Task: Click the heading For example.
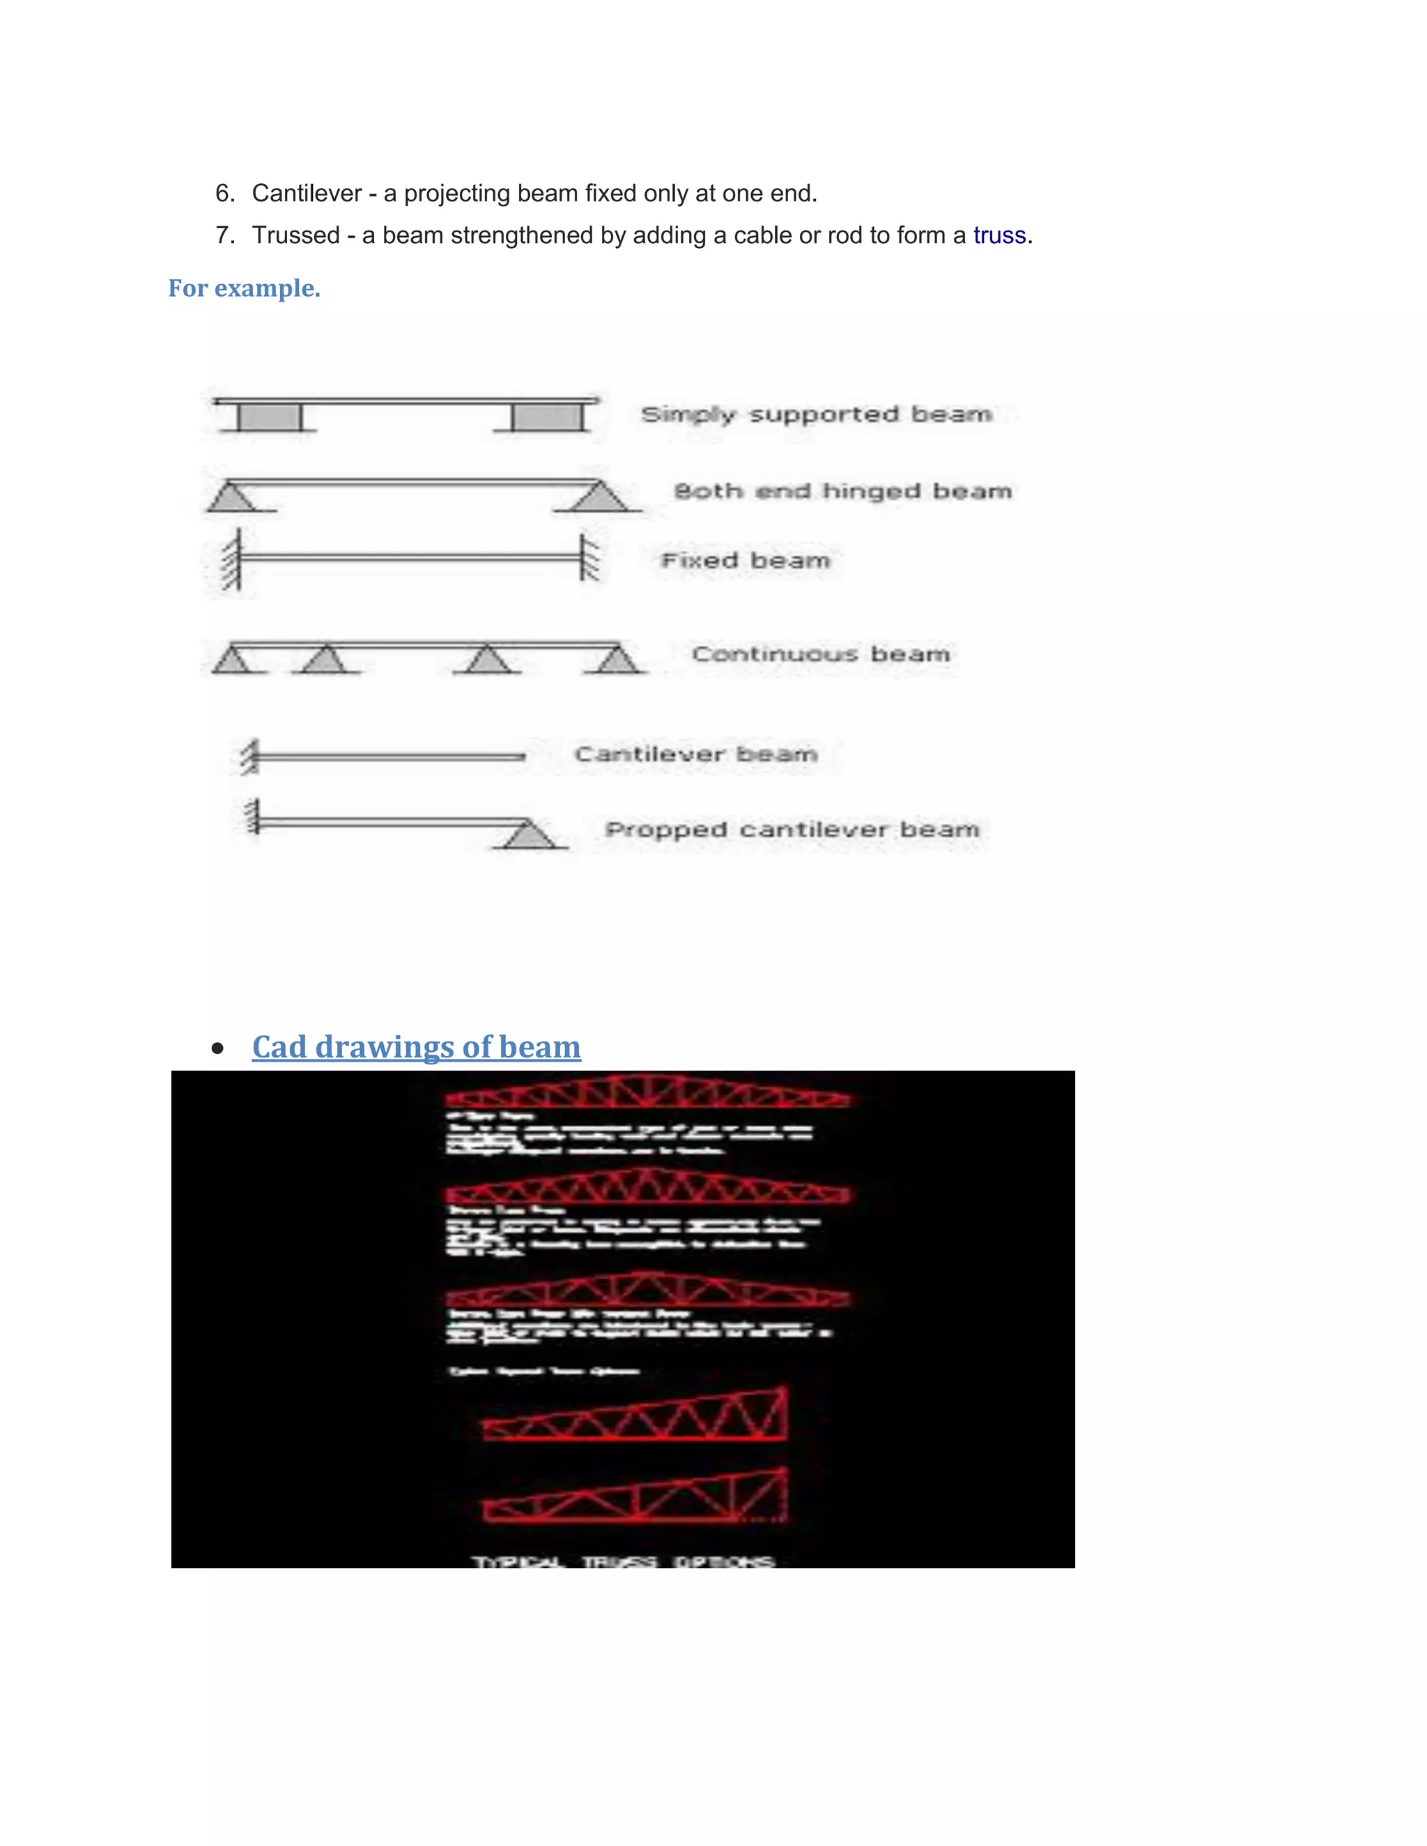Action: coord(245,288)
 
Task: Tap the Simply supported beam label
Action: coord(816,414)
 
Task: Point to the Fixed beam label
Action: coord(745,560)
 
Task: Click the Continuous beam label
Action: coord(820,654)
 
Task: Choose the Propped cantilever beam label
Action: coord(792,830)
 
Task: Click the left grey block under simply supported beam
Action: coord(269,417)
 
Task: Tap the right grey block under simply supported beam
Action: coord(548,417)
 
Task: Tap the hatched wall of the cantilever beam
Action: coord(249,757)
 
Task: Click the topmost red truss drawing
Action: coord(647,1092)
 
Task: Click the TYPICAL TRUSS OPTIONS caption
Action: coord(623,1561)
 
